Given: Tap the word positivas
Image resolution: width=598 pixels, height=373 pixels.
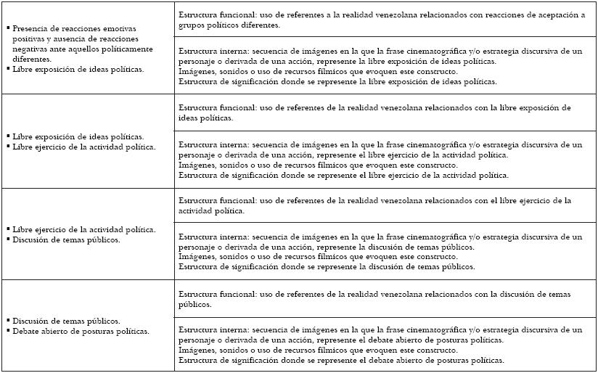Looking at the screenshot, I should coord(29,39).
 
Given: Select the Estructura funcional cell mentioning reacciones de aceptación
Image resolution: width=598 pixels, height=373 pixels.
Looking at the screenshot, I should coord(385,20).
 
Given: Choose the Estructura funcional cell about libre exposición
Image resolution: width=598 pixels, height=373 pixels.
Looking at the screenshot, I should coord(385,112).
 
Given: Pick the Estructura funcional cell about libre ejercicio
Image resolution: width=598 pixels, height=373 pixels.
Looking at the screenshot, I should coord(385,205).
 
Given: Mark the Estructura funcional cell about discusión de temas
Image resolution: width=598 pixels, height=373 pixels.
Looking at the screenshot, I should coord(385,299).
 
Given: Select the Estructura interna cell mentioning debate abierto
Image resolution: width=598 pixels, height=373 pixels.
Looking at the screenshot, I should coord(385,345).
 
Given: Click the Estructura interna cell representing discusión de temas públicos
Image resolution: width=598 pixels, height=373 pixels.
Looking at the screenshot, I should coord(385,252).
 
